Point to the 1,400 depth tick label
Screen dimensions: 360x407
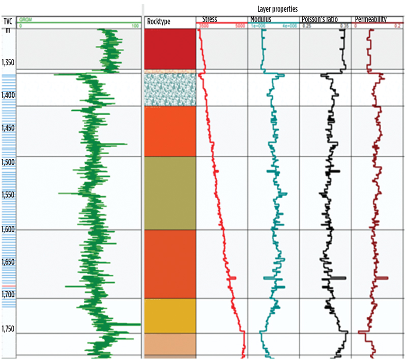(9, 96)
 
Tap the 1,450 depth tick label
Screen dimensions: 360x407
(9, 128)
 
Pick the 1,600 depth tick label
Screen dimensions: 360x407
(9, 229)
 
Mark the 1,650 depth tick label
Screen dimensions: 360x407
(9, 262)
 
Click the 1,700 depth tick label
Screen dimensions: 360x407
(9, 295)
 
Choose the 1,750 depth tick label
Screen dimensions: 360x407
(9, 328)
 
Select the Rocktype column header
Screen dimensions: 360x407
(158, 22)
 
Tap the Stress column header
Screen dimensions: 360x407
(210, 19)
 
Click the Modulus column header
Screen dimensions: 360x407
(260, 19)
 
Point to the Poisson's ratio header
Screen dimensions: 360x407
(319, 19)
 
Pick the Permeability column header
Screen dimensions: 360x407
(370, 19)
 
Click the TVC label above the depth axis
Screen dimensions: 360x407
(8, 21)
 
